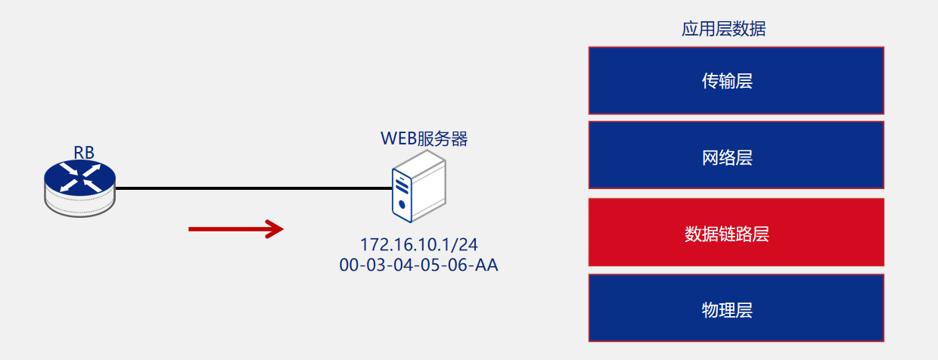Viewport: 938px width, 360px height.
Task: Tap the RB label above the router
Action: pyautogui.click(x=84, y=152)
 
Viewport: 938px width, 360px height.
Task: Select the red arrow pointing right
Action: pyautogui.click(x=235, y=228)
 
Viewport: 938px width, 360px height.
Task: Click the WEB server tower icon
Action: pyautogui.click(x=418, y=186)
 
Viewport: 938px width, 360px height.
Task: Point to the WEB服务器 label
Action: pyautogui.click(x=424, y=139)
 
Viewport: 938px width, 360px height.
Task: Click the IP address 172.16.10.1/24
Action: pyautogui.click(x=419, y=245)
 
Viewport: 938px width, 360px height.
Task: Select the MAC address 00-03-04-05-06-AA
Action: pyautogui.click(x=419, y=265)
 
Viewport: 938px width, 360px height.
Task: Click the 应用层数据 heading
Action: pyautogui.click(x=724, y=29)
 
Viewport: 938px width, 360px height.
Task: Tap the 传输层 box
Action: pyautogui.click(x=736, y=80)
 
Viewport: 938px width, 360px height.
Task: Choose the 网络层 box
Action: pyautogui.click(x=736, y=155)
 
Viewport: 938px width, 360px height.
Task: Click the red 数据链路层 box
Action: pyautogui.click(x=736, y=232)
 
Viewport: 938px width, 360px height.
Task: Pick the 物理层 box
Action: pyautogui.click(x=736, y=308)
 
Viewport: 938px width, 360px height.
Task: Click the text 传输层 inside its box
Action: pyautogui.click(x=727, y=81)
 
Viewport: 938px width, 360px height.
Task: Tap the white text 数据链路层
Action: pyautogui.click(x=727, y=234)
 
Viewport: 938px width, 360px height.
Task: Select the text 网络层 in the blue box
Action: pyautogui.click(x=727, y=158)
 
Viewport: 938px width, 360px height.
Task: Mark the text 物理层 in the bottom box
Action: pyautogui.click(x=727, y=310)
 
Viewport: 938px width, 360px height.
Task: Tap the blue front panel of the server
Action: pyautogui.click(x=402, y=195)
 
